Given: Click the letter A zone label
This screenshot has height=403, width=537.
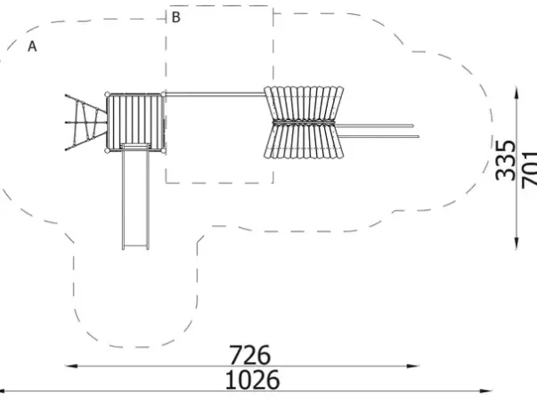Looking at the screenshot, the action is point(32,46).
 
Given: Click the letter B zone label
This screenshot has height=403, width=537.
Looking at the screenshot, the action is point(175,17).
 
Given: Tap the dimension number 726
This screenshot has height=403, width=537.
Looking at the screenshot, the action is point(249,355).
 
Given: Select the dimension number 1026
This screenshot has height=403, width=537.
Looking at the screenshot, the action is point(252,380).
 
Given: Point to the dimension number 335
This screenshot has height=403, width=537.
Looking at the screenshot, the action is point(505,160).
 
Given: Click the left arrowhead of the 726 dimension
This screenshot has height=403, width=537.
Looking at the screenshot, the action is point(70,366).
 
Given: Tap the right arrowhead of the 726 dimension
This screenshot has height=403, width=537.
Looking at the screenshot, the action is point(413,366).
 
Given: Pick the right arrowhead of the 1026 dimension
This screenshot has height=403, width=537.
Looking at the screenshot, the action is point(486,391).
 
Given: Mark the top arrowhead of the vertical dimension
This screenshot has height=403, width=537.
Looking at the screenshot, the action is point(517,93).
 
